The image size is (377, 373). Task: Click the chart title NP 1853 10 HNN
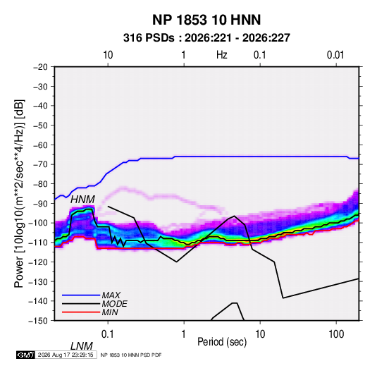click(x=206, y=20)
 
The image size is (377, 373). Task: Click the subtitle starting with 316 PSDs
click(x=206, y=38)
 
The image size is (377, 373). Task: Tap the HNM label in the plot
click(x=82, y=200)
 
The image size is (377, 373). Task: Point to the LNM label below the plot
click(x=82, y=346)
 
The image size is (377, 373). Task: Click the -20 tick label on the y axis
click(x=40, y=67)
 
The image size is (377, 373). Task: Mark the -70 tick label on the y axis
click(x=40, y=164)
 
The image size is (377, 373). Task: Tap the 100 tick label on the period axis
click(x=336, y=334)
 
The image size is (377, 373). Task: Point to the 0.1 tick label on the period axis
click(x=108, y=334)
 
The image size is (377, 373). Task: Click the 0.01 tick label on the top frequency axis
click(x=335, y=55)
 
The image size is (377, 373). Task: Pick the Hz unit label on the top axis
click(x=222, y=55)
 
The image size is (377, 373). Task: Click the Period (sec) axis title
click(x=222, y=342)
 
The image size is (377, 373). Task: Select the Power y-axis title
click(x=19, y=194)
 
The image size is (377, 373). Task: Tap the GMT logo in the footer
click(x=25, y=355)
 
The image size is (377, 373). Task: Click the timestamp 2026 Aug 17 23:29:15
click(x=66, y=355)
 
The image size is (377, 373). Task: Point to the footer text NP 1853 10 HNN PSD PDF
click(x=131, y=355)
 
